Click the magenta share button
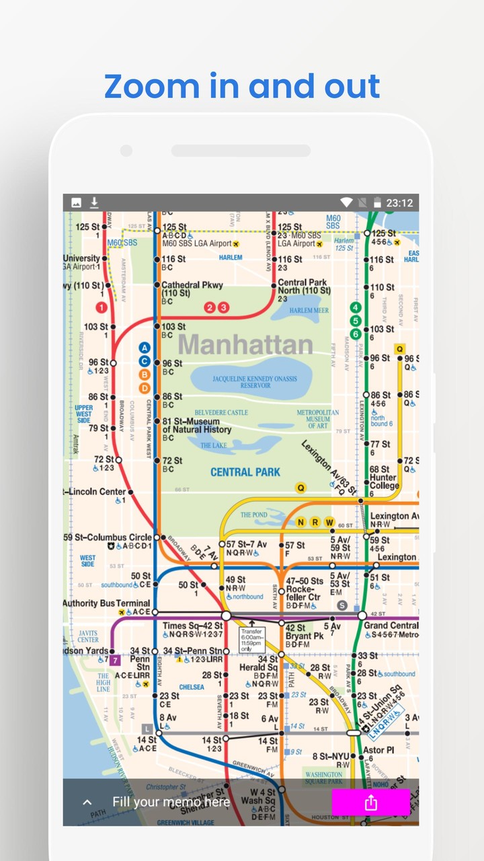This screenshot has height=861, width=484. (370, 802)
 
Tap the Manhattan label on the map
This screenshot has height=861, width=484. (245, 344)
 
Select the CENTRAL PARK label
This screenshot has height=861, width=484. (245, 472)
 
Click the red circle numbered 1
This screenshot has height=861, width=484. (102, 307)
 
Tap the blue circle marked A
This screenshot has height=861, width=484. (144, 348)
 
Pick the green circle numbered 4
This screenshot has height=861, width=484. (356, 307)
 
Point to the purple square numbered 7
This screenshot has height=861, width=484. (115, 660)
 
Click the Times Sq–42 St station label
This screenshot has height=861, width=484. (192, 626)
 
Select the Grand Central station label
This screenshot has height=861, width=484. (391, 626)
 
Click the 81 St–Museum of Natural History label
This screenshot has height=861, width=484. (196, 426)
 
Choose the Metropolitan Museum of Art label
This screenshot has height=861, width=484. (318, 419)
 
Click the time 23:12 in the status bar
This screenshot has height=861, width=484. (399, 202)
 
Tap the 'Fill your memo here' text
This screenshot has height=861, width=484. (171, 802)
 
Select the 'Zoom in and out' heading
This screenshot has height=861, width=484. (242, 86)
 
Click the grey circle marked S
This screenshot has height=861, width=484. (342, 605)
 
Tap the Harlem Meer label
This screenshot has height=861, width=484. (309, 310)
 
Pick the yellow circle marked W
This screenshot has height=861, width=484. (329, 522)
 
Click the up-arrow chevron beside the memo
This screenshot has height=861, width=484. (87, 802)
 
